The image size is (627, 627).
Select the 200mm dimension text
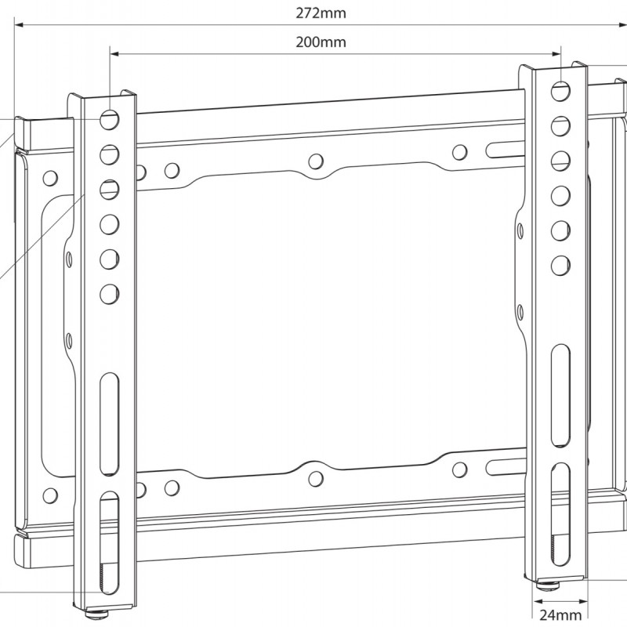coord(321,42)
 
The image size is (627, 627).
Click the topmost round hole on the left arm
coord(109,119)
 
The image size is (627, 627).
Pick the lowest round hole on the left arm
coord(109,294)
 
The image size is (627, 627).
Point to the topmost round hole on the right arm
coord(560,91)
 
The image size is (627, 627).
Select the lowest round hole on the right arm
coord(560,264)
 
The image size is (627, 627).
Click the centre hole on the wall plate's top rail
coord(316,161)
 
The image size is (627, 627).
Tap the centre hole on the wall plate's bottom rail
coord(315,479)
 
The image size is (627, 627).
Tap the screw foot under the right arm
coord(546,583)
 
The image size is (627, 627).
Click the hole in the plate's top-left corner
coord(49,177)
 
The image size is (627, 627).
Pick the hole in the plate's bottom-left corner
coord(50,495)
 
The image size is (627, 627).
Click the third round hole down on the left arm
coord(109,189)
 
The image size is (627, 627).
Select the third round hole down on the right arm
coord(560,161)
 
